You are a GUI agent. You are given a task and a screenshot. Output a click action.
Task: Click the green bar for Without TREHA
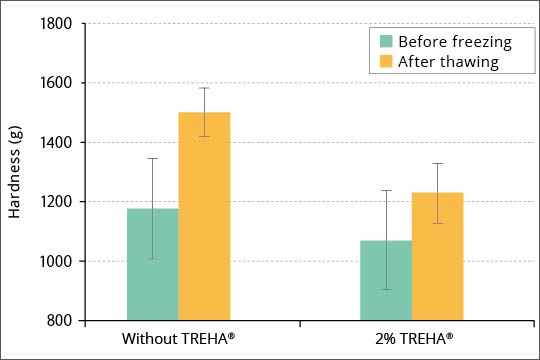tap(152, 264)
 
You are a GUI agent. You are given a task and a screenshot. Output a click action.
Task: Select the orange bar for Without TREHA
tap(204, 216)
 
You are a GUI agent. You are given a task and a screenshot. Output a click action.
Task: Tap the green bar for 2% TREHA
tap(386, 280)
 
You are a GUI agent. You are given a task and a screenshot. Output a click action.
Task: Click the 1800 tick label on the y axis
tap(54, 24)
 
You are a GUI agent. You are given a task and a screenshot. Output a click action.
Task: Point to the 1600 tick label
tap(54, 83)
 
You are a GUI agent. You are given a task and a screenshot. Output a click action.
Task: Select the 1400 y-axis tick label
tap(54, 143)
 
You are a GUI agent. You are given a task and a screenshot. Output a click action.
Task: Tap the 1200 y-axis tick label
tap(54, 202)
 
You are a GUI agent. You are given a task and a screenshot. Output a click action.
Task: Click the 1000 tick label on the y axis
tap(54, 262)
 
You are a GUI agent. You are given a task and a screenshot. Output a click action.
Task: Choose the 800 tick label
tap(58, 321)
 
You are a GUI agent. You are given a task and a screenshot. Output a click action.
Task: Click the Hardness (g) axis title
tap(16, 172)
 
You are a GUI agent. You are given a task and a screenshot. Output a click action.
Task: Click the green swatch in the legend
tap(385, 42)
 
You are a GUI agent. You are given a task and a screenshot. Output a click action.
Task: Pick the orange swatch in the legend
tap(385, 62)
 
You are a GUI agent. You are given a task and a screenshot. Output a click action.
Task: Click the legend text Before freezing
tap(454, 42)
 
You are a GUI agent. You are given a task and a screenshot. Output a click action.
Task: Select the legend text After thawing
tap(448, 62)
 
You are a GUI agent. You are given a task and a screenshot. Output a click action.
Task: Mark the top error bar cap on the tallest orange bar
tap(204, 88)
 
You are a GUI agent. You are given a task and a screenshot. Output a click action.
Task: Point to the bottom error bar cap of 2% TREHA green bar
tap(386, 290)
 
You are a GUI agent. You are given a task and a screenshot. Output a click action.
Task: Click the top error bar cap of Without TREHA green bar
tap(152, 158)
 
